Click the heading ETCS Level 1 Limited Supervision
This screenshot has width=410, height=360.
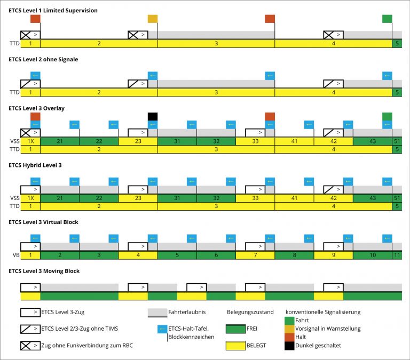pyautogui.click(x=53, y=10)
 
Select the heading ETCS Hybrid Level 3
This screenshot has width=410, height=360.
pyautogui.click(x=35, y=165)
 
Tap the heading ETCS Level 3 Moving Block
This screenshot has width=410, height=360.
pyautogui.click(x=44, y=271)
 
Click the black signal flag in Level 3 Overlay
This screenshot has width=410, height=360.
pyautogui.click(x=153, y=116)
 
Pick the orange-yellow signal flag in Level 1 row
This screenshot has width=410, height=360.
pyautogui.click(x=153, y=19)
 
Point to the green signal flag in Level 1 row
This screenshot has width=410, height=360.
pyautogui.click(x=388, y=19)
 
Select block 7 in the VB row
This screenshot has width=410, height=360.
pyautogui.click(x=255, y=255)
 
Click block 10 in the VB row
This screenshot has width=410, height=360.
pyautogui.click(x=372, y=255)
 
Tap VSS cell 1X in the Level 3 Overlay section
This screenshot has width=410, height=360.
pyautogui.click(x=30, y=141)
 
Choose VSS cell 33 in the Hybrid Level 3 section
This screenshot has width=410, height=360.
pyautogui.click(x=255, y=198)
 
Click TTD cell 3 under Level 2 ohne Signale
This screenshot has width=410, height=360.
pyautogui.click(x=216, y=92)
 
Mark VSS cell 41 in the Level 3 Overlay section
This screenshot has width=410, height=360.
pyautogui.click(x=294, y=141)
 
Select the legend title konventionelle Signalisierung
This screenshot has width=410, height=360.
pyautogui.click(x=324, y=311)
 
